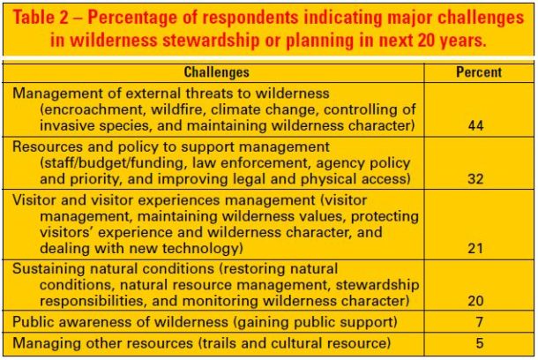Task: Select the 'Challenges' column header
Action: click(x=217, y=72)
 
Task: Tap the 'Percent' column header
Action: click(x=479, y=72)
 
